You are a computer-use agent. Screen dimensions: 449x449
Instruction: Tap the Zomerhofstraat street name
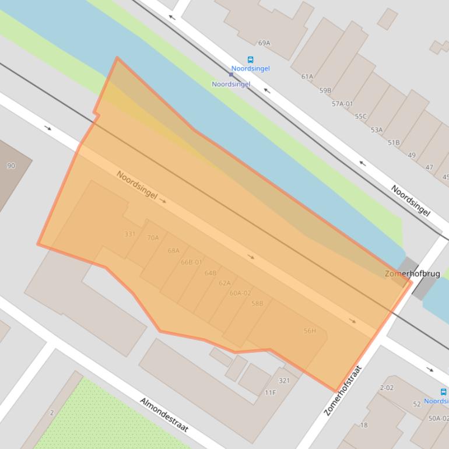click(x=343, y=390)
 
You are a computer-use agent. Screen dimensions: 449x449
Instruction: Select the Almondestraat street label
click(x=164, y=415)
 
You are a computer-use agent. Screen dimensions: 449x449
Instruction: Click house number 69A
click(x=264, y=43)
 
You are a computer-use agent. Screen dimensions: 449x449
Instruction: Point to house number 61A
click(x=307, y=76)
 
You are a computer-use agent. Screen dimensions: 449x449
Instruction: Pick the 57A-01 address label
click(x=342, y=104)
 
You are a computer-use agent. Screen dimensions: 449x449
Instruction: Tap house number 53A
click(x=377, y=130)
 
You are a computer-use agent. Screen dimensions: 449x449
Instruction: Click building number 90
click(x=11, y=166)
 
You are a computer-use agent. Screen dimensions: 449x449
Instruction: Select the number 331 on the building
click(x=130, y=234)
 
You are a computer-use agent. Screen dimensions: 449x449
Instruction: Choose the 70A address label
click(x=153, y=238)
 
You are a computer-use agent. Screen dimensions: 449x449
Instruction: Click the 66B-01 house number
click(x=191, y=262)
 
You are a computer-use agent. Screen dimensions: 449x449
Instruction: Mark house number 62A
click(x=224, y=283)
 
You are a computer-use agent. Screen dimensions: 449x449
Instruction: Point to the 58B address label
click(x=257, y=304)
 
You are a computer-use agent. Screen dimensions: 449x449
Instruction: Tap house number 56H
click(x=310, y=331)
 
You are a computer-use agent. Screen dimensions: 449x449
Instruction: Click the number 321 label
click(x=284, y=381)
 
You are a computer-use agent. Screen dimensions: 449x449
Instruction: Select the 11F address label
click(x=270, y=393)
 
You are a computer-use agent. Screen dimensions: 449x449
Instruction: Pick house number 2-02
click(x=387, y=388)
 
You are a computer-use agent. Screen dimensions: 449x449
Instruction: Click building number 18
click(x=364, y=425)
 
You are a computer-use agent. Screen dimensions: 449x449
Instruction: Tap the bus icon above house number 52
click(x=443, y=392)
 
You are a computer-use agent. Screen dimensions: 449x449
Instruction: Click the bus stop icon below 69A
click(x=251, y=59)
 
